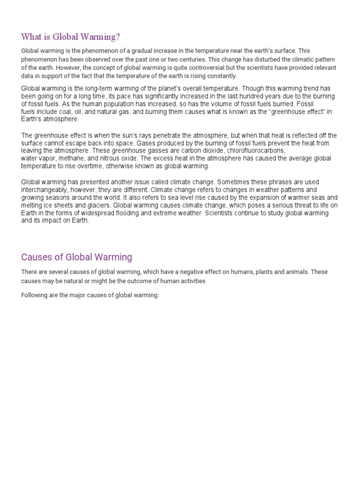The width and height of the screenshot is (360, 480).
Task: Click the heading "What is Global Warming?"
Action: [x=74, y=37]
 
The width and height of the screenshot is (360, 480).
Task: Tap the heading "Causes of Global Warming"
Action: [x=77, y=257]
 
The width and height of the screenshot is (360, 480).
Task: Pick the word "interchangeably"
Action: [x=45, y=190]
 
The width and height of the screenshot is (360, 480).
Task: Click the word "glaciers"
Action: [x=96, y=205]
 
